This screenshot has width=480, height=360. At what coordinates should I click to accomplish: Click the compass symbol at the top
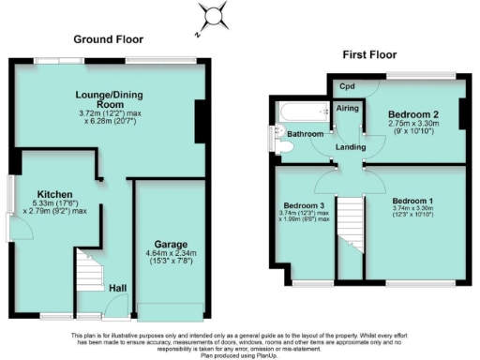[215, 15]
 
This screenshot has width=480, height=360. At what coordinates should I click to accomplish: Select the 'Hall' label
[117, 288]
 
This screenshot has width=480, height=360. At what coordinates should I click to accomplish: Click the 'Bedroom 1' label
[413, 202]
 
